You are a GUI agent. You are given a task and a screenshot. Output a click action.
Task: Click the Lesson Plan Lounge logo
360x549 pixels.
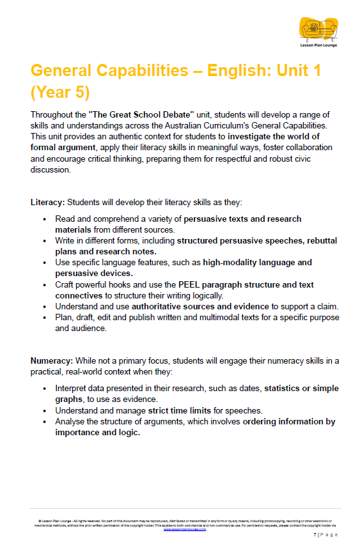[318, 31]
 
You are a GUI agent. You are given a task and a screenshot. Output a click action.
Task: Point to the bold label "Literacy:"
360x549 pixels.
[47, 202]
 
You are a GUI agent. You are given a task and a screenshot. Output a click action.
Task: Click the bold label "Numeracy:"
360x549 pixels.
[52, 360]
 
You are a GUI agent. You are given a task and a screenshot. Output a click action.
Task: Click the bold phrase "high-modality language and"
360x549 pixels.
[257, 262]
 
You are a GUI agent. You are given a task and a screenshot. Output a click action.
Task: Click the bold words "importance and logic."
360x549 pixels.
[97, 432]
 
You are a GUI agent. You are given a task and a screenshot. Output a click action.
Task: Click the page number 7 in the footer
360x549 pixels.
[315, 534]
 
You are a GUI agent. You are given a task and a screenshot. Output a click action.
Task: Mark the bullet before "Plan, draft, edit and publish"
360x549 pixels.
[44, 318]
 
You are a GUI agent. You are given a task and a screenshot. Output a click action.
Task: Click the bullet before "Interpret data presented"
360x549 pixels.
[44, 389]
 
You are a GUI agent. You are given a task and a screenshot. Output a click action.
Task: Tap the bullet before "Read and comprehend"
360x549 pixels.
[44, 219]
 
